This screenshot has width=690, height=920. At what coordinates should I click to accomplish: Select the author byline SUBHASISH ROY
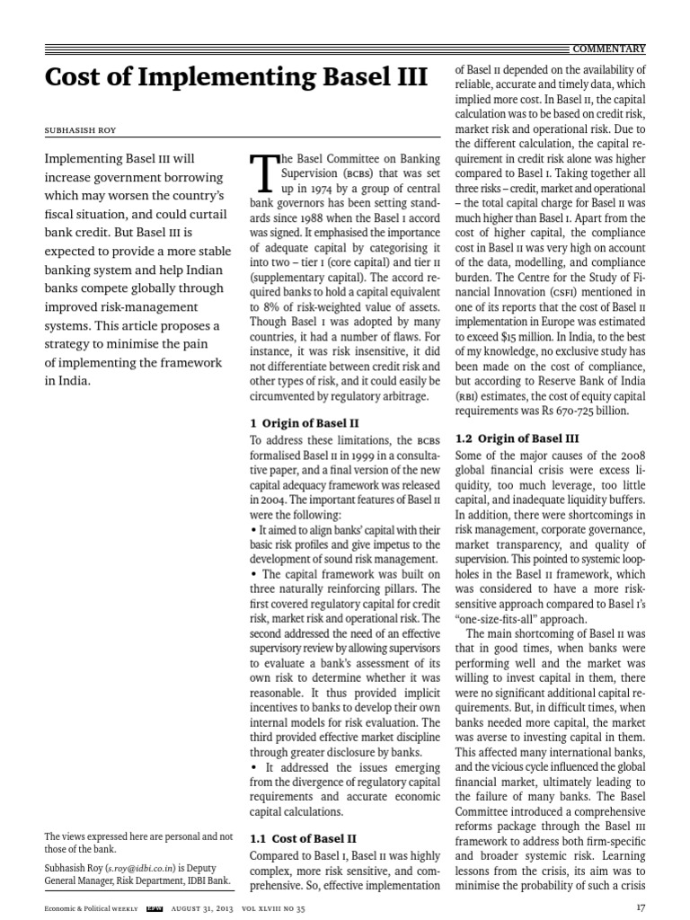click(81, 129)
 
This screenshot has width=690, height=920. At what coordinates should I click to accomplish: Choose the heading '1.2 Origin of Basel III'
click(517, 439)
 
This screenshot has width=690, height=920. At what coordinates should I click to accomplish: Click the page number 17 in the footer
click(640, 907)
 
